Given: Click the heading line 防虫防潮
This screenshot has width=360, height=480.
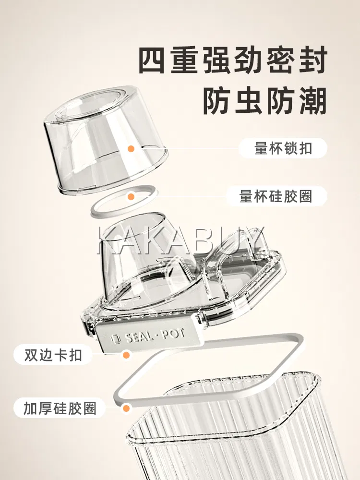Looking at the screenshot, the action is [265, 101].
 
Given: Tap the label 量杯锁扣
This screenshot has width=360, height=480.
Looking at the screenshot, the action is [283, 148].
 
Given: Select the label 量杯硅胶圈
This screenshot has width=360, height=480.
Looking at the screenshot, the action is [276, 196].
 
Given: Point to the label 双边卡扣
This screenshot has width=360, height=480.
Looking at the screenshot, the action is [53, 355].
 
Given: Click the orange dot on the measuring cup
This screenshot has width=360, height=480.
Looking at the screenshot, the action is [131, 149].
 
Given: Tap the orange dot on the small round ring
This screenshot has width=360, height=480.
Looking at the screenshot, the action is [131, 196].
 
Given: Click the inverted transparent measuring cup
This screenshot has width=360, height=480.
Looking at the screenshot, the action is [106, 138].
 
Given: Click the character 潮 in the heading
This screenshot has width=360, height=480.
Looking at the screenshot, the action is [313, 101].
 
